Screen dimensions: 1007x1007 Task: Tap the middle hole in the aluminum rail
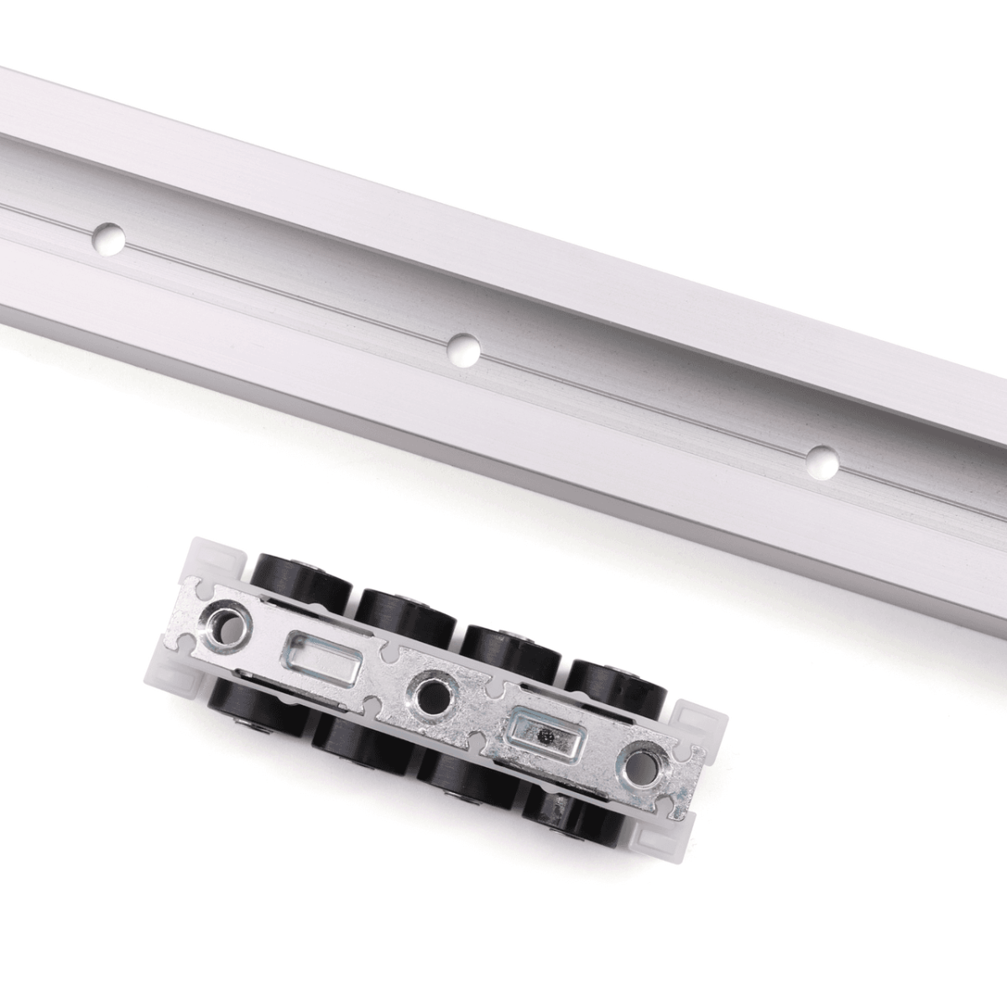click(463, 349)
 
